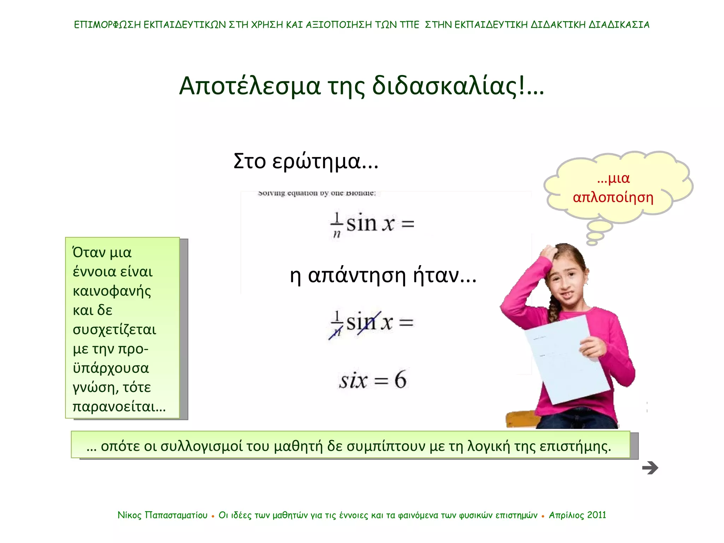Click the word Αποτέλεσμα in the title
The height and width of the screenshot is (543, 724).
[250, 86]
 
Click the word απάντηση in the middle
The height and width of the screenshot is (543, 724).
[357, 276]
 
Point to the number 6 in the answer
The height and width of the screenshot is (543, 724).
[400, 380]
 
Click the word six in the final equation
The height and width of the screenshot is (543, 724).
[353, 381]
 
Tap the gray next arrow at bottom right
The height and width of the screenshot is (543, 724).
[650, 468]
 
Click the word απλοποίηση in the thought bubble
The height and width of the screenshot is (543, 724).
[613, 197]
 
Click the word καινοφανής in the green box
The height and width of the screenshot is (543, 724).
[112, 291]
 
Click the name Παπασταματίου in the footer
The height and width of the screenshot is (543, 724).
[176, 515]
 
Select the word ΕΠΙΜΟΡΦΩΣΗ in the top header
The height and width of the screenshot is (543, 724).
[107, 25]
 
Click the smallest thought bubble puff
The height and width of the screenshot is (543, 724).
[592, 243]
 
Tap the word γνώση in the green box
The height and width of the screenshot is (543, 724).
[93, 387]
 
